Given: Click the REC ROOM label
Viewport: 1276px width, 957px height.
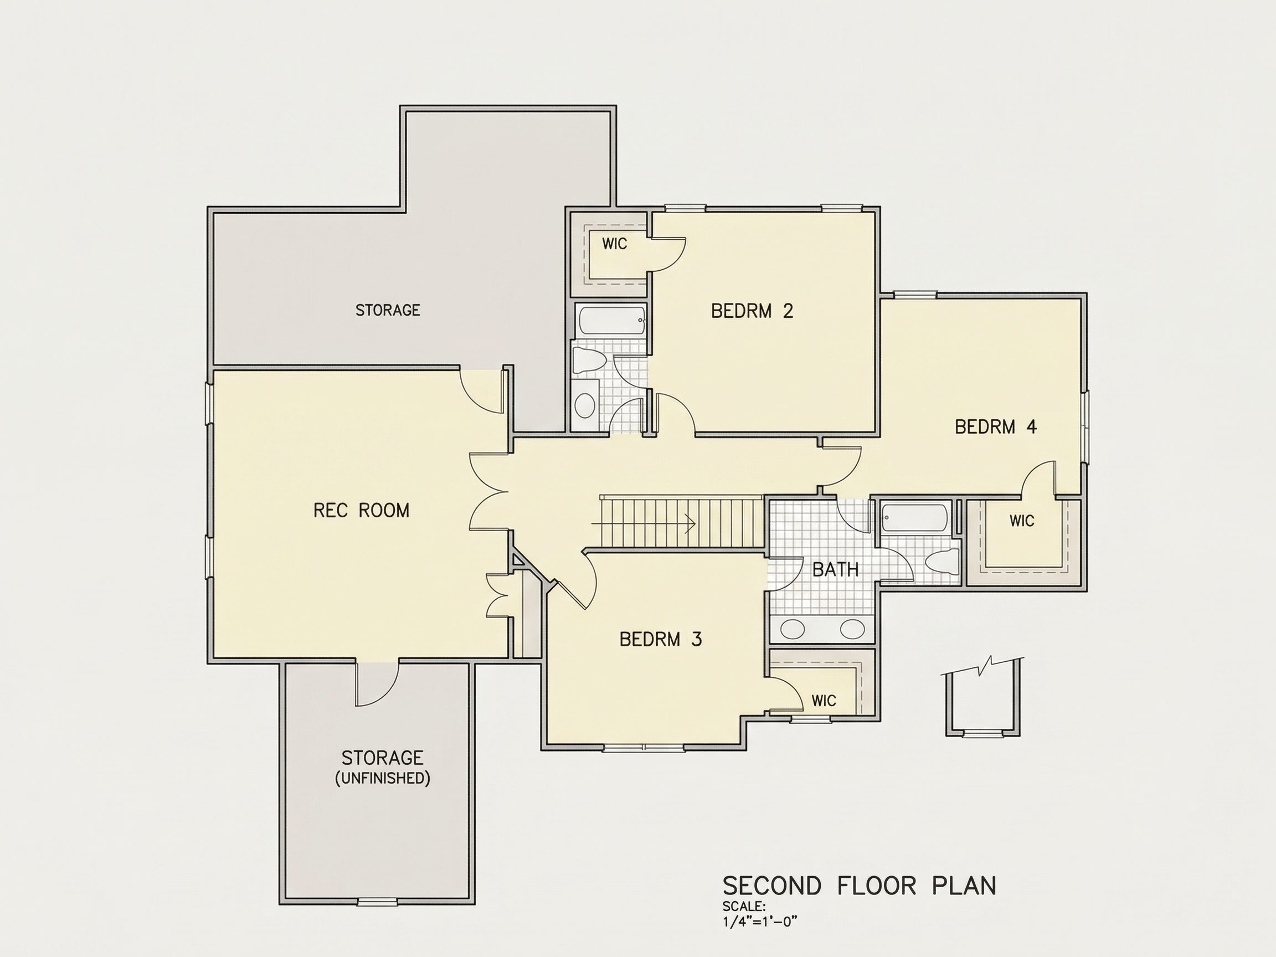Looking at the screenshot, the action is click(x=361, y=511).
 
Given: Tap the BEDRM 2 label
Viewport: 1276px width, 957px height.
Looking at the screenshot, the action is click(x=752, y=311).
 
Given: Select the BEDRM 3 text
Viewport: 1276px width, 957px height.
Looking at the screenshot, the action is click(x=661, y=639).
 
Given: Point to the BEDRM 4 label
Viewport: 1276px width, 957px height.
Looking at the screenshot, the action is click(x=996, y=427).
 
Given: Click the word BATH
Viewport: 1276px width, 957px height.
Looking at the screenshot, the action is click(x=835, y=570).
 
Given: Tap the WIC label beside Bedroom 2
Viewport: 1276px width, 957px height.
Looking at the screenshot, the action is click(x=614, y=244).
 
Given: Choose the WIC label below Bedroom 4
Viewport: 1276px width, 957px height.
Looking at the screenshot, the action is click(x=1022, y=521).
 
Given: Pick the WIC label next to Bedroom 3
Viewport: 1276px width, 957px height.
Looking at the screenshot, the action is click(x=824, y=701).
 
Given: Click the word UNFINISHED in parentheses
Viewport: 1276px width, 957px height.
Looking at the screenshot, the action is click(x=383, y=779).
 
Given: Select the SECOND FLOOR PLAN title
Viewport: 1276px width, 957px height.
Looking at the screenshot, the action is click(x=860, y=886).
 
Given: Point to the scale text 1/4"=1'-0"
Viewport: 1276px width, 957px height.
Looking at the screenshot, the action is click(x=760, y=921).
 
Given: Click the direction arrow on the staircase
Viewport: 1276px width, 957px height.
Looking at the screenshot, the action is click(x=643, y=523).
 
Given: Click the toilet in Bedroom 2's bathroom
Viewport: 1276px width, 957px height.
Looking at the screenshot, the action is click(x=589, y=362).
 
